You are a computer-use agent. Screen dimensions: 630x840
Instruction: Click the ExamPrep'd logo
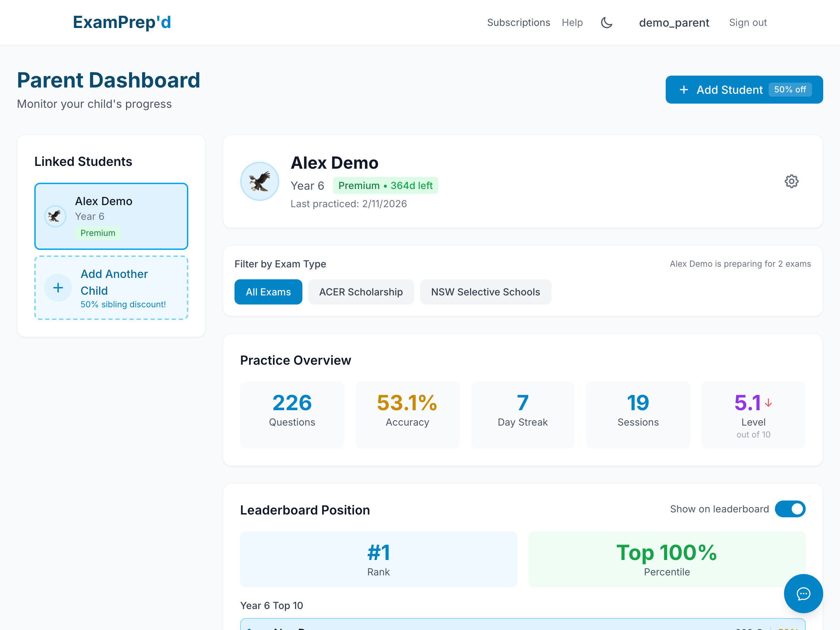point(122,22)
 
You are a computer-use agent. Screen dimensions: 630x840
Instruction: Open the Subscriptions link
point(518,22)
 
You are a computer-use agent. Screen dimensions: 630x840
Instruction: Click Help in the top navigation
point(572,22)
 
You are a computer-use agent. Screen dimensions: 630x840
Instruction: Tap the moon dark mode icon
point(607,23)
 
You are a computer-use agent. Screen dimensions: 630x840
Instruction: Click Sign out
point(748,22)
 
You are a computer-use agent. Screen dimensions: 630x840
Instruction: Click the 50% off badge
point(790,90)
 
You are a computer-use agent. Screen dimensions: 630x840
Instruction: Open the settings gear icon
point(791,182)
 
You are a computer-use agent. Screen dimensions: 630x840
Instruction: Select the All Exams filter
point(268,292)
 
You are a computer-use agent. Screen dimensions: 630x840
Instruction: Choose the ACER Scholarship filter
point(361,292)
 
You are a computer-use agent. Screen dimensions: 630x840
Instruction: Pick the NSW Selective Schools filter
point(485,292)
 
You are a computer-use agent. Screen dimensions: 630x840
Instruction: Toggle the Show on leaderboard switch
point(790,509)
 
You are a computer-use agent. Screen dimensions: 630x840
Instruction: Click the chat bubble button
point(803,594)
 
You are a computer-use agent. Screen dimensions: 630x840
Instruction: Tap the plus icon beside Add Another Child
point(58,288)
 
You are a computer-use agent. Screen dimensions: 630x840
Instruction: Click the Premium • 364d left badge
point(385,186)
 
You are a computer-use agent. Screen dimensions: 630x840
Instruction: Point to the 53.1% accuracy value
point(407,402)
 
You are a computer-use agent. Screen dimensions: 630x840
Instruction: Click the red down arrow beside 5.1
point(769,402)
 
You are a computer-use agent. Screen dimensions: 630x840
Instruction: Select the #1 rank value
point(379,553)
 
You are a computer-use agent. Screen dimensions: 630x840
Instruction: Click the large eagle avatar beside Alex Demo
point(260,182)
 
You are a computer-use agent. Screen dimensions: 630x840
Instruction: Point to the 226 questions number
point(292,402)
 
